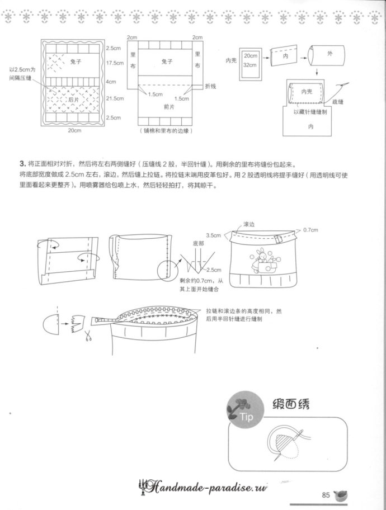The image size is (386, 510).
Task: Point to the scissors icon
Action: (88, 336)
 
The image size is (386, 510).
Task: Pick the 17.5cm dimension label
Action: (115, 63)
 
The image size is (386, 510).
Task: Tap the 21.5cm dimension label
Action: (115, 99)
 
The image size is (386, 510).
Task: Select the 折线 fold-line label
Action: (210, 87)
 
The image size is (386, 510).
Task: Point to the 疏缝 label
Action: (337, 102)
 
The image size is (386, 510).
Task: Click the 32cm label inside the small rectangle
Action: (250, 65)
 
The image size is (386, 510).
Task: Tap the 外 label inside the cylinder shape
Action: (329, 54)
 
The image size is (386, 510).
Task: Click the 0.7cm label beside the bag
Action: (310, 230)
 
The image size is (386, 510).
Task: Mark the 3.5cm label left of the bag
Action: (214, 235)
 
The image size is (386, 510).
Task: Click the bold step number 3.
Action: (22, 164)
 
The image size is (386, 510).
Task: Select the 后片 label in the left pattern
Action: (73, 99)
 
